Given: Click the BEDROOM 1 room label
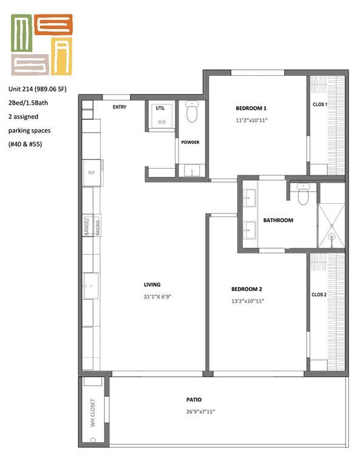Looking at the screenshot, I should (x=251, y=108).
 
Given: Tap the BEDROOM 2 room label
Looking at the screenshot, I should (x=247, y=289).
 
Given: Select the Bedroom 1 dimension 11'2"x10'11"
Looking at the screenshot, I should (x=251, y=120).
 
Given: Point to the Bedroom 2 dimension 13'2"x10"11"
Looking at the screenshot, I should (x=247, y=301).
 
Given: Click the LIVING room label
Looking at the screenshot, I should (x=152, y=285).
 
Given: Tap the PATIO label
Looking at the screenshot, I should (x=194, y=399).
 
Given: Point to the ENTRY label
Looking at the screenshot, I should (x=118, y=107).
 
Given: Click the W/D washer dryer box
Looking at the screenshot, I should (x=161, y=121).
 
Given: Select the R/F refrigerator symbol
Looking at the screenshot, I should (x=92, y=172).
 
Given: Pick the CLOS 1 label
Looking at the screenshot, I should (x=319, y=104).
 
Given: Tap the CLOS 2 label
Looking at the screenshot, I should (x=319, y=294).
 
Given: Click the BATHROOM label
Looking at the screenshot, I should (x=278, y=220).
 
